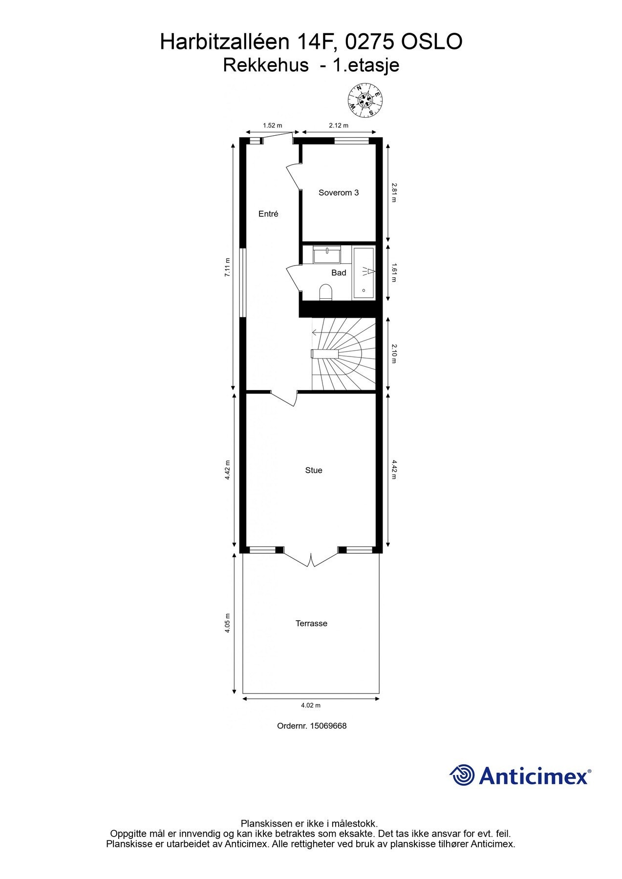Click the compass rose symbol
(x=365, y=100)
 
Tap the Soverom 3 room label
(x=339, y=193)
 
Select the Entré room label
(x=268, y=214)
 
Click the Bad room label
(x=339, y=273)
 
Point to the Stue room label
(x=314, y=470)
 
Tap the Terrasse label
(x=311, y=624)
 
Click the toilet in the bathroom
(x=325, y=293)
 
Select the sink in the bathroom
(x=327, y=255)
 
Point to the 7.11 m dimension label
(x=227, y=268)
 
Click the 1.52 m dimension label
(x=272, y=126)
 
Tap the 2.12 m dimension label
(x=339, y=126)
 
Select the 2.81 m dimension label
(x=394, y=192)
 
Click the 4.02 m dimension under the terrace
(x=311, y=705)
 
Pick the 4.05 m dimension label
(x=227, y=623)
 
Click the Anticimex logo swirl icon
(x=462, y=775)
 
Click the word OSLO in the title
(x=431, y=43)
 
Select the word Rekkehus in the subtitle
(x=266, y=65)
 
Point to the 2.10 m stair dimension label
(x=394, y=354)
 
